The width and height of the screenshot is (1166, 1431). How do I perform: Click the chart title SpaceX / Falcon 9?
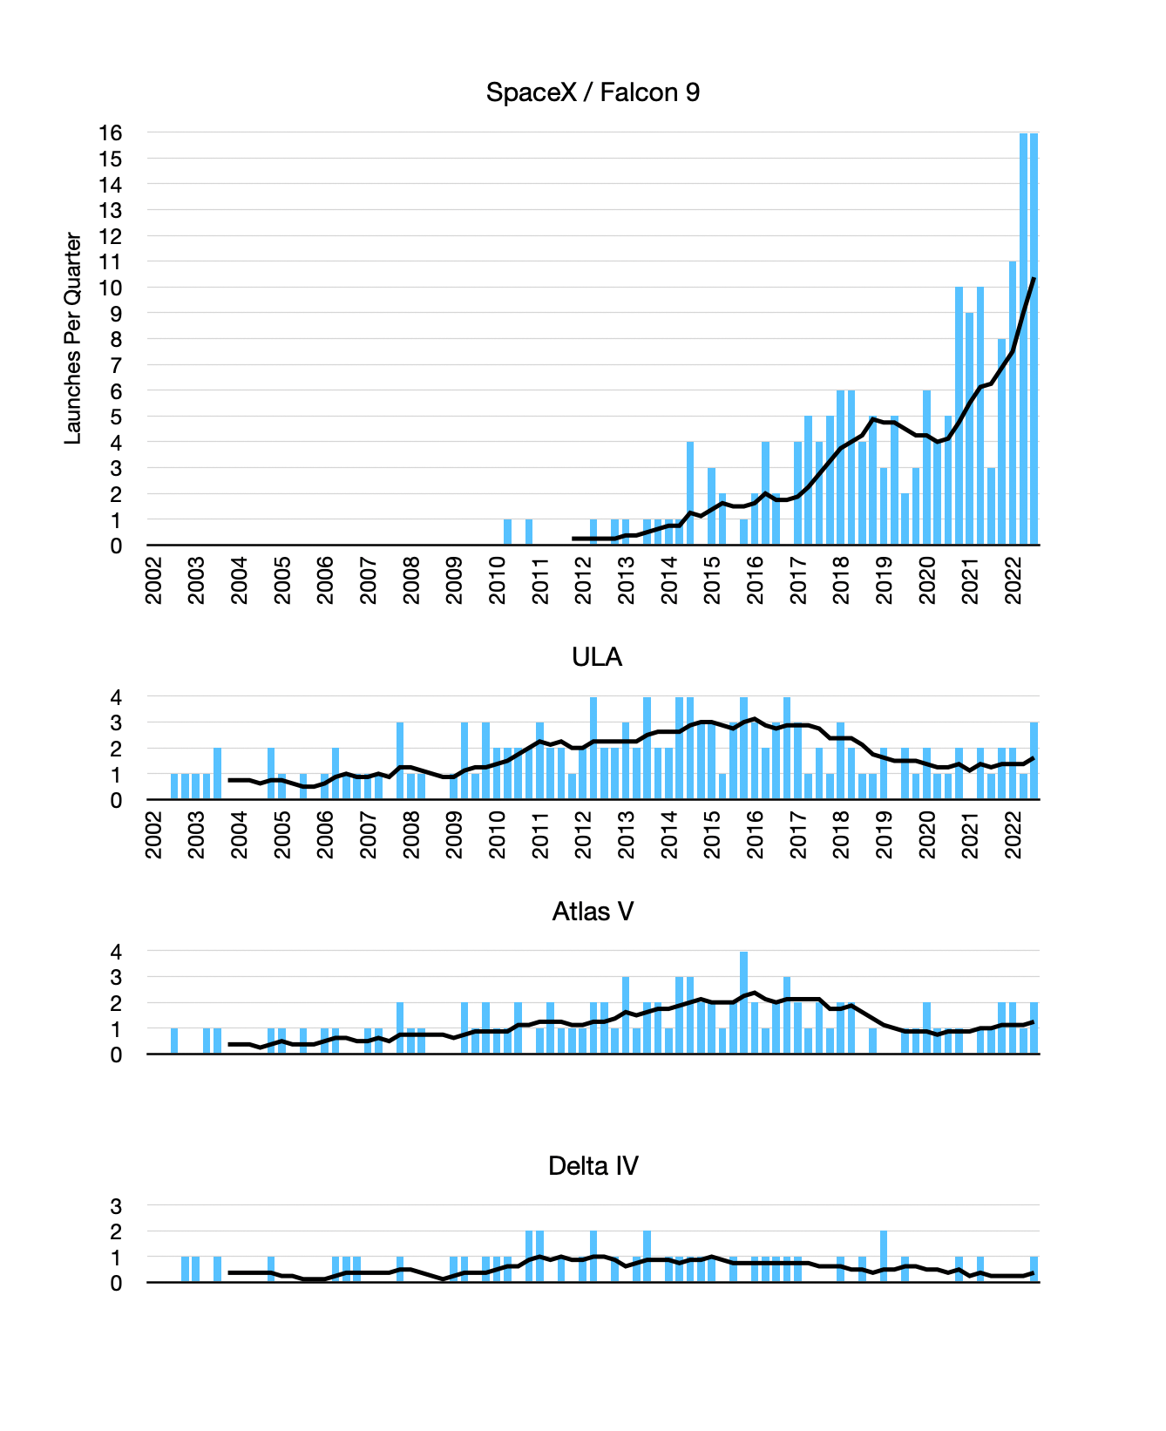coord(593,92)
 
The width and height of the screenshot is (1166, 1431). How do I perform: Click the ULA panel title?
coord(597,657)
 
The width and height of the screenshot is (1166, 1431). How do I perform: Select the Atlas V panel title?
coord(593,912)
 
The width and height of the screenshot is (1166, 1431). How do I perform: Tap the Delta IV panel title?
coord(593,1166)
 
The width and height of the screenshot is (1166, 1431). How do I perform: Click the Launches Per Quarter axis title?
coord(73,338)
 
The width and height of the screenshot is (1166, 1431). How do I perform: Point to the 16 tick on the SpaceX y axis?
coord(111,133)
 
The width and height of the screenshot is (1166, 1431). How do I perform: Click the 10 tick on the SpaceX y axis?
coord(111,288)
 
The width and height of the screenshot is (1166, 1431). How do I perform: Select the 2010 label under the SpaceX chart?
coord(498,580)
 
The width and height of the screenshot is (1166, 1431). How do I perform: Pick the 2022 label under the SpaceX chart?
coord(1013,580)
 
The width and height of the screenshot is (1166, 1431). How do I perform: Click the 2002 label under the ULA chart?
coord(153,835)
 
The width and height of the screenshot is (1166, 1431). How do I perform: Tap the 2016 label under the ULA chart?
coord(756,835)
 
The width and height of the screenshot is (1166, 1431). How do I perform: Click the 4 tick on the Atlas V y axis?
coord(116,952)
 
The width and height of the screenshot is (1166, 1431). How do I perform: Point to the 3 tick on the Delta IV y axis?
coord(116,1206)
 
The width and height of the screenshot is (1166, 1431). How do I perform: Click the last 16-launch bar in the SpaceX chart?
coord(1034,340)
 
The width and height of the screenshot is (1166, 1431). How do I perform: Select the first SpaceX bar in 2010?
coord(508,532)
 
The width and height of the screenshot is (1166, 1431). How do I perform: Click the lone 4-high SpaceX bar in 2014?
coord(690,493)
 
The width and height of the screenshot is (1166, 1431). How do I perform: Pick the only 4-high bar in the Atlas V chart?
coord(744,1002)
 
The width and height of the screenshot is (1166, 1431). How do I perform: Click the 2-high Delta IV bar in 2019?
coord(884,1257)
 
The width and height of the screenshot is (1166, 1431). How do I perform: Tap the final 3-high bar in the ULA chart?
coord(1034,761)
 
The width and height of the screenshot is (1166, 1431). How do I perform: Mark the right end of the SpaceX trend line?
coord(1034,279)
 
